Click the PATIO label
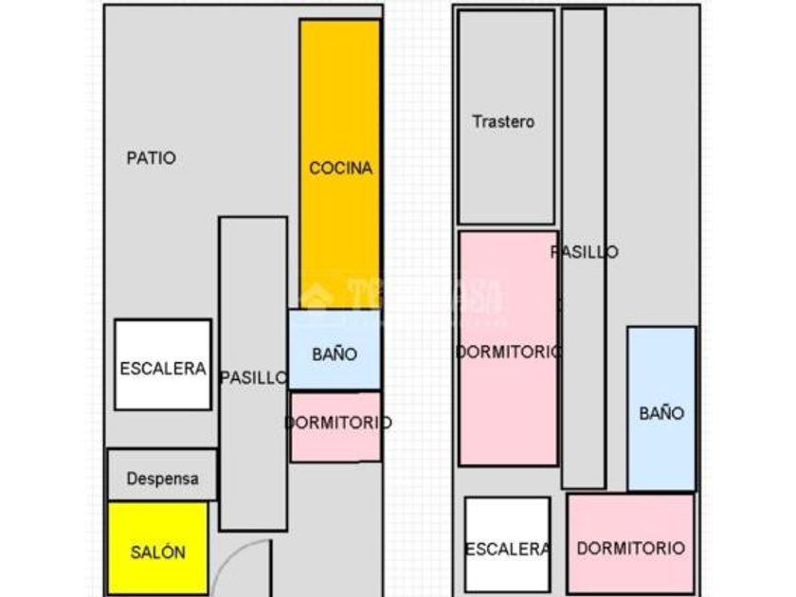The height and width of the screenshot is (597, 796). point(152,158)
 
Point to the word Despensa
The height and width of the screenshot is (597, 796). point(163,479)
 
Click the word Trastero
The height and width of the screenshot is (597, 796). point(503,121)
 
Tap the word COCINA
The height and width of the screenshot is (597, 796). point(341,169)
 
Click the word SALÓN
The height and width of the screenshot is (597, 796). point(157,552)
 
